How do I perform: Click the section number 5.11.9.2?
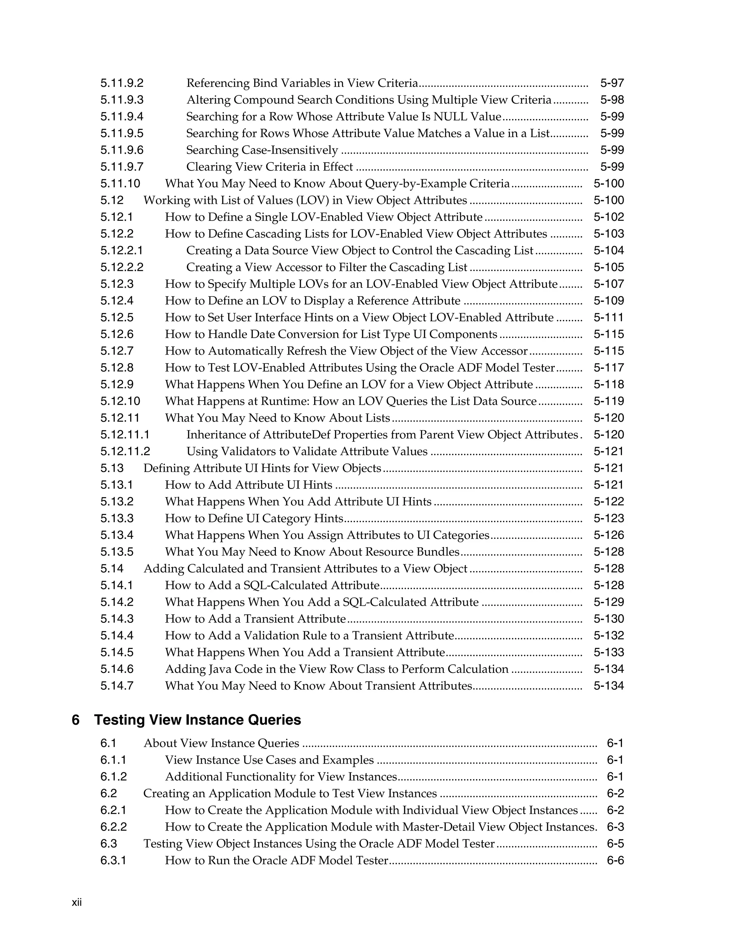pos(122,83)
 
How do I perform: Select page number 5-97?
pos(612,83)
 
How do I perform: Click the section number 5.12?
pos(112,200)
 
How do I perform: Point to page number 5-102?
pos(608,217)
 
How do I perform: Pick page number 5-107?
pos(608,284)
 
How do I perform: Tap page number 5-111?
pos(608,317)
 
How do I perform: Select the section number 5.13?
pos(112,468)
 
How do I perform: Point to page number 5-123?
pos(608,519)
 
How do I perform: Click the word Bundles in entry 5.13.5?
pos(437,552)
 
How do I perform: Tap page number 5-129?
pos(608,602)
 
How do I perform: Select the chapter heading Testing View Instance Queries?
pos(197,720)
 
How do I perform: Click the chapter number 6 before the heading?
pos(75,720)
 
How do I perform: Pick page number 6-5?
pos(615,844)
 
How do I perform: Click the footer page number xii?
pos(77,903)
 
